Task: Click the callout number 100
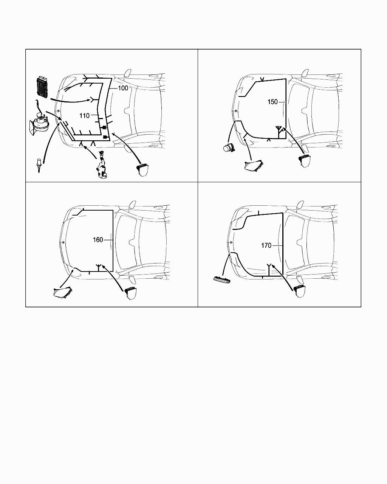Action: (x=123, y=88)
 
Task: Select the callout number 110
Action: (x=84, y=116)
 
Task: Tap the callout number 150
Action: (x=272, y=102)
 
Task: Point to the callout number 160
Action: (x=98, y=240)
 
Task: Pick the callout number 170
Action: (x=266, y=245)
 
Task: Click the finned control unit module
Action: (x=42, y=86)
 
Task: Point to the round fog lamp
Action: (x=228, y=148)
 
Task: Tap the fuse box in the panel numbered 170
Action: (x=300, y=292)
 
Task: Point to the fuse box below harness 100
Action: (x=142, y=170)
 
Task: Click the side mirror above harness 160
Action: (x=132, y=204)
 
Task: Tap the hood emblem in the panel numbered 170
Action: (x=231, y=242)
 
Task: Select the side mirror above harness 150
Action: (x=305, y=73)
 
